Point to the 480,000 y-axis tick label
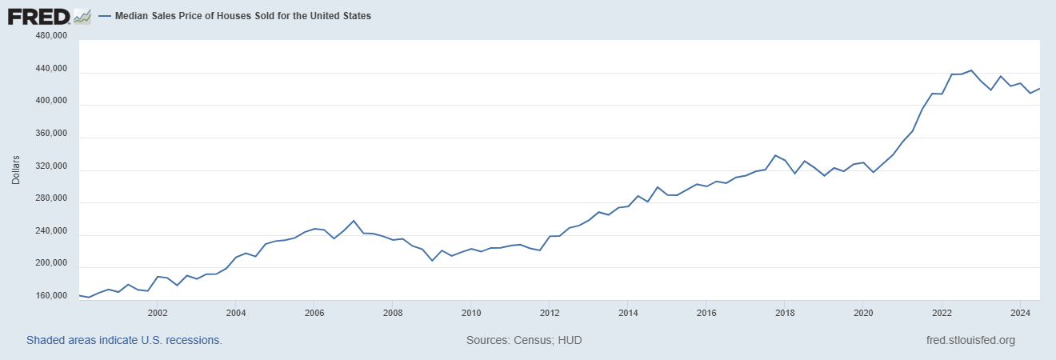[52, 37]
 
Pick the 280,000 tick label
[52, 199]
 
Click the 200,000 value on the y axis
[52, 264]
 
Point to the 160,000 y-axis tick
[52, 296]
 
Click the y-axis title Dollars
[16, 170]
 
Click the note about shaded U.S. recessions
[124, 340]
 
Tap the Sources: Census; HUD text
[524, 340]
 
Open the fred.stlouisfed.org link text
[969, 340]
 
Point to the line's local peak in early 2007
[354, 220]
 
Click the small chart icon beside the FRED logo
[82, 16]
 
